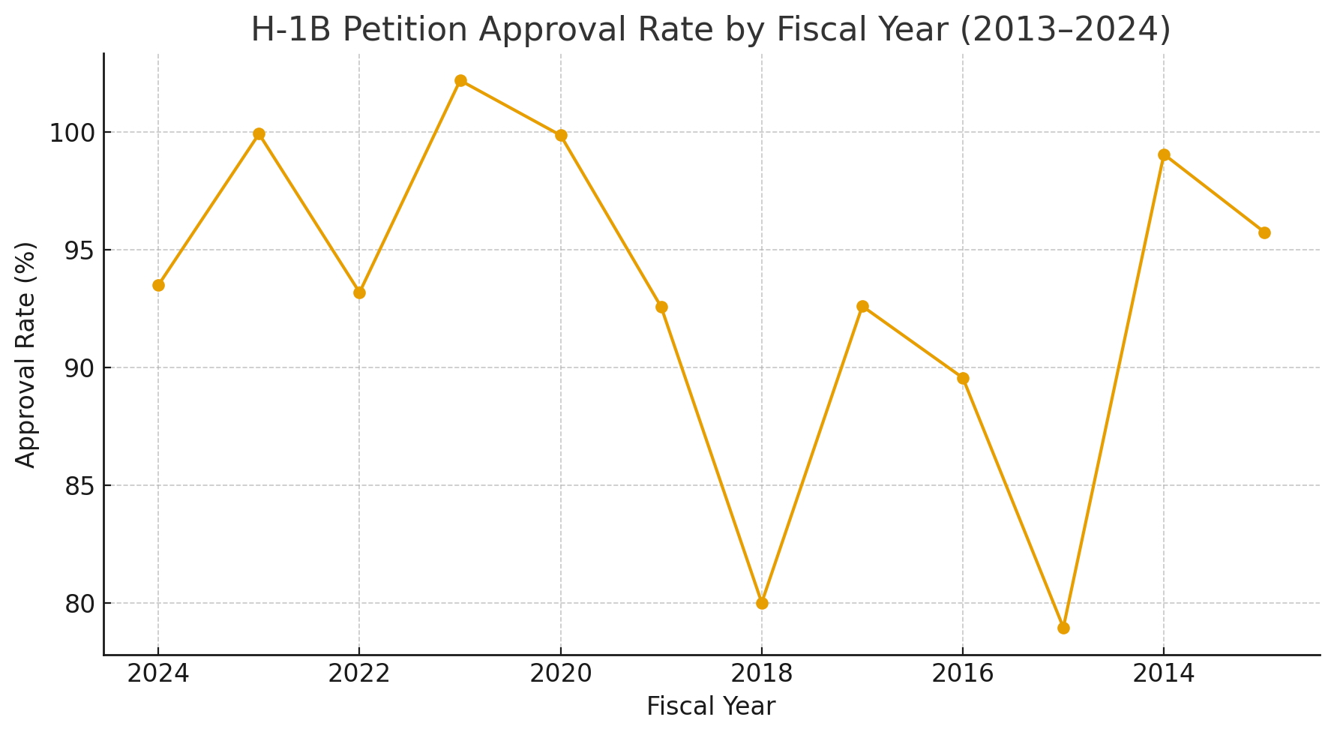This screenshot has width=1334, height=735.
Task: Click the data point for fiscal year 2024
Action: pyautogui.click(x=158, y=285)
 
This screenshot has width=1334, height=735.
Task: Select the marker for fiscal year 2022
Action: pyautogui.click(x=359, y=292)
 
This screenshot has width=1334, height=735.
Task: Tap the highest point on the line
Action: pyautogui.click(x=460, y=80)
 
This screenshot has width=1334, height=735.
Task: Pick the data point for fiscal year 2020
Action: pyautogui.click(x=561, y=135)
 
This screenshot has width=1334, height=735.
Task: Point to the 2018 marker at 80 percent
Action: pyautogui.click(x=762, y=603)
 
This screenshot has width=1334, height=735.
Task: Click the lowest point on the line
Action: pyautogui.click(x=1063, y=628)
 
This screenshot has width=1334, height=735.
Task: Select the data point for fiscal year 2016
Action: pyautogui.click(x=963, y=378)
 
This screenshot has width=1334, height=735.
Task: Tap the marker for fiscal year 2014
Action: pyautogui.click(x=1164, y=154)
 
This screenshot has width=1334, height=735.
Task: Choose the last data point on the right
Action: pyautogui.click(x=1264, y=232)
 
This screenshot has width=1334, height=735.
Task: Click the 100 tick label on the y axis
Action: pyautogui.click(x=70, y=133)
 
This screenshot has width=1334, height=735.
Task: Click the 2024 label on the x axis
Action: pyautogui.click(x=158, y=673)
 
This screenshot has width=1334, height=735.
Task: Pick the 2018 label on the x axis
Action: pyautogui.click(x=762, y=673)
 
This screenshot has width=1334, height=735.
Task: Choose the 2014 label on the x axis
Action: pyautogui.click(x=1164, y=673)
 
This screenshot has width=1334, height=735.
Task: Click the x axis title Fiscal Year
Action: pyautogui.click(x=711, y=706)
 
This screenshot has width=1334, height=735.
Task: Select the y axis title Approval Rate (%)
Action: pyautogui.click(x=26, y=355)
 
